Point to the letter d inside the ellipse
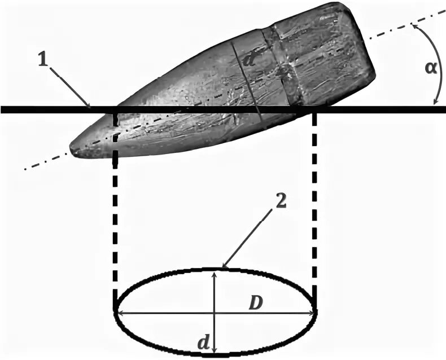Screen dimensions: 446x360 pyautogui.click(x=203, y=341)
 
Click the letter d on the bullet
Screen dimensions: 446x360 pyautogui.click(x=251, y=58)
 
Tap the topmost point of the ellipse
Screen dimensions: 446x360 pyautogui.click(x=215, y=269)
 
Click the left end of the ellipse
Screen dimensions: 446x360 pyautogui.click(x=116, y=311)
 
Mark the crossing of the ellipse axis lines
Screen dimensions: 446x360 pyautogui.click(x=215, y=311)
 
